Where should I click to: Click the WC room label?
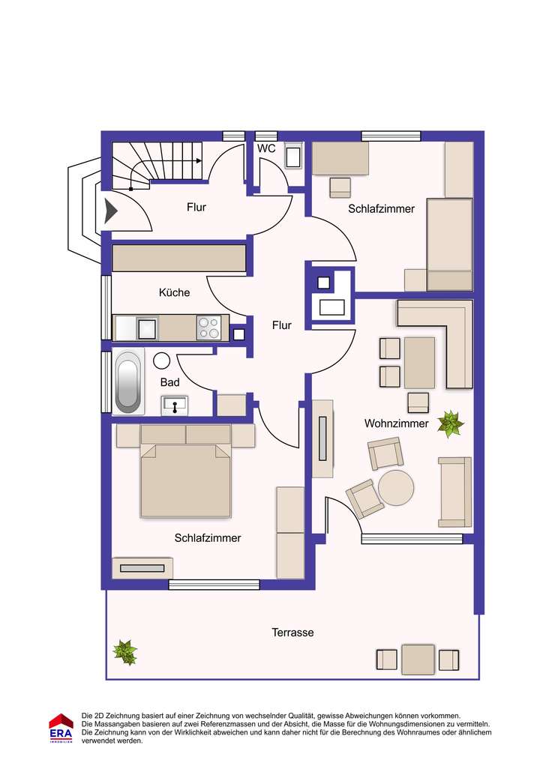pyautogui.click(x=266, y=149)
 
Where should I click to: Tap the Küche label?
pyautogui.click(x=174, y=292)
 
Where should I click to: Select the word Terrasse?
pyautogui.click(x=292, y=633)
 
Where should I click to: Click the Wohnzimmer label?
pyautogui.click(x=397, y=423)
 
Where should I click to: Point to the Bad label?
pyautogui.click(x=170, y=382)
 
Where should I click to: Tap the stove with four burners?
pyautogui.click(x=208, y=328)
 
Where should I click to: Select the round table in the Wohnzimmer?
pyautogui.click(x=396, y=488)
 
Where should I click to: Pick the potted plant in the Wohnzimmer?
pyautogui.click(x=451, y=424)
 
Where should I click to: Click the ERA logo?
pyautogui.click(x=61, y=727)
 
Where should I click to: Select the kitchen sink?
pyautogui.click(x=147, y=328)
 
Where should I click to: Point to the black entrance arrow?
pyautogui.click(x=110, y=211)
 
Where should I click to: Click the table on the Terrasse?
pyautogui.click(x=418, y=660)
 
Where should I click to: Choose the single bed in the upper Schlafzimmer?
pyautogui.click(x=449, y=244)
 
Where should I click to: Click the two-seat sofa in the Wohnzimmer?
pyautogui.click(x=455, y=492)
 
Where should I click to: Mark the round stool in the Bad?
pyautogui.click(x=162, y=361)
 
